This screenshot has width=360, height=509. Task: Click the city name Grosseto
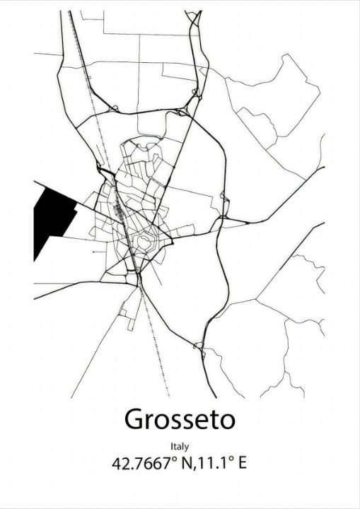[x=180, y=419]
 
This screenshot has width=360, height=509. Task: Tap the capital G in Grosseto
[x=134, y=419]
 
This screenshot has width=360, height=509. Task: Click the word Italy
[x=180, y=447]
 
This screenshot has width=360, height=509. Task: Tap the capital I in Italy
[x=172, y=447]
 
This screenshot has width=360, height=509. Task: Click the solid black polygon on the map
[x=51, y=216]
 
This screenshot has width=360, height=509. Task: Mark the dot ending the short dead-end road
[x=93, y=251]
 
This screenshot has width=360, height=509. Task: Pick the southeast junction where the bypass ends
[x=199, y=347]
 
